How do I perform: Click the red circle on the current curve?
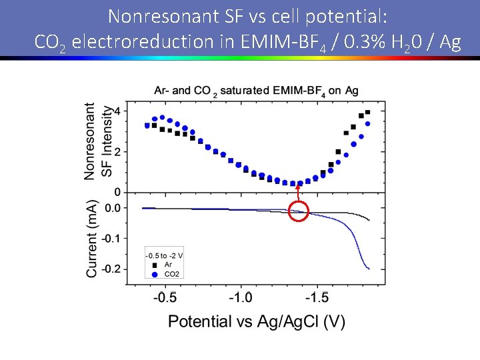(x=299, y=211)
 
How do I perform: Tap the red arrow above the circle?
(x=298, y=193)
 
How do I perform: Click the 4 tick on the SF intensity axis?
(x=117, y=111)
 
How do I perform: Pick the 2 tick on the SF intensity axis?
(x=117, y=152)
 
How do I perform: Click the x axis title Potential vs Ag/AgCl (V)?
(x=256, y=322)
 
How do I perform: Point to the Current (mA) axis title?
(x=93, y=238)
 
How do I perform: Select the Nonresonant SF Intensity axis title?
(x=97, y=141)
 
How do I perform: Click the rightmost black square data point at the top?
(x=367, y=112)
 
